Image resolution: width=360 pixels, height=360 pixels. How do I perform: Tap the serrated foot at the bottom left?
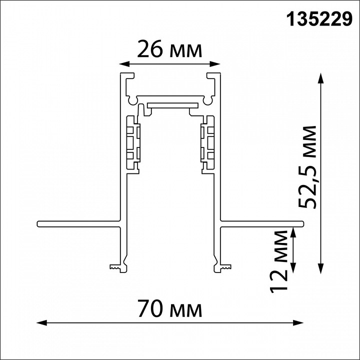117,267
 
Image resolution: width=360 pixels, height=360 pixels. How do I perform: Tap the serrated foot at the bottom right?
223,267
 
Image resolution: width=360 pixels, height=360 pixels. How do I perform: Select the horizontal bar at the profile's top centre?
171,105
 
